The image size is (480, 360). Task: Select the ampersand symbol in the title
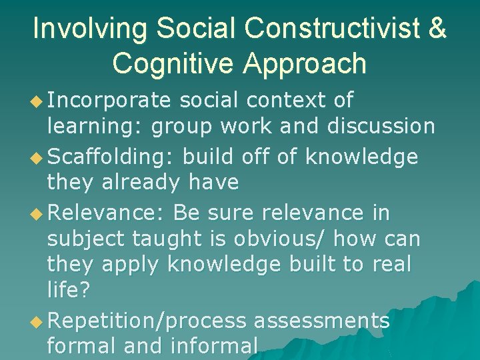pyautogui.click(x=436, y=29)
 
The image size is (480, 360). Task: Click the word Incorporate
pyautogui.click(x=110, y=100)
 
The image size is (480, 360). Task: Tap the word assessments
pyautogui.click(x=321, y=321)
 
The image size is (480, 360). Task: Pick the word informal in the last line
pyautogui.click(x=215, y=346)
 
